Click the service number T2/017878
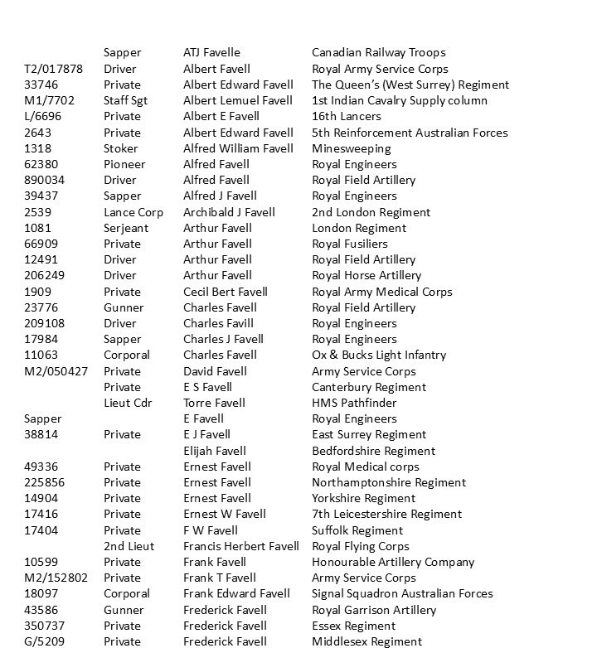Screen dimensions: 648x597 coord(53,69)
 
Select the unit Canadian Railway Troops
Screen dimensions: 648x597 coord(378,53)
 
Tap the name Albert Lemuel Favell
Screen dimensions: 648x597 coord(238,100)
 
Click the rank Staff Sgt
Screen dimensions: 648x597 coord(125,100)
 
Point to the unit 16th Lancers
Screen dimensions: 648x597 coord(347,117)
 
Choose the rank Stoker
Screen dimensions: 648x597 coord(121,148)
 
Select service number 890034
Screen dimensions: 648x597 coord(45,180)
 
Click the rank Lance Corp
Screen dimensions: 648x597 coord(133,212)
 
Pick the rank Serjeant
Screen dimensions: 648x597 coord(126,228)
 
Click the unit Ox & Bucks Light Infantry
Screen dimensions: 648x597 coord(379,355)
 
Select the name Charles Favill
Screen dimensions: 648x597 coord(218,323)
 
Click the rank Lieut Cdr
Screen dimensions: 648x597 coord(129,403)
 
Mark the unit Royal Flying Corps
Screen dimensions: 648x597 coord(361,546)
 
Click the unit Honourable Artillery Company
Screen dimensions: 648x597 coord(393,562)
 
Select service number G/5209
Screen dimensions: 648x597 coord(43,641)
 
